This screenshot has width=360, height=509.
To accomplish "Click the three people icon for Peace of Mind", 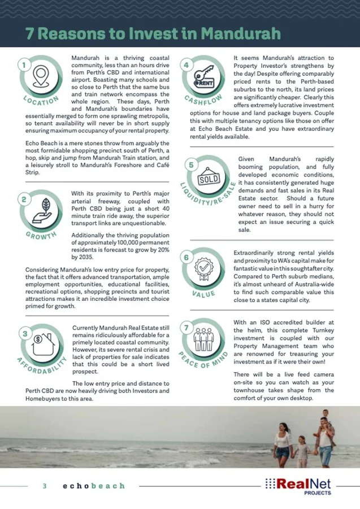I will point(203,338).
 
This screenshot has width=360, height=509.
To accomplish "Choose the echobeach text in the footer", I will point(94,485).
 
